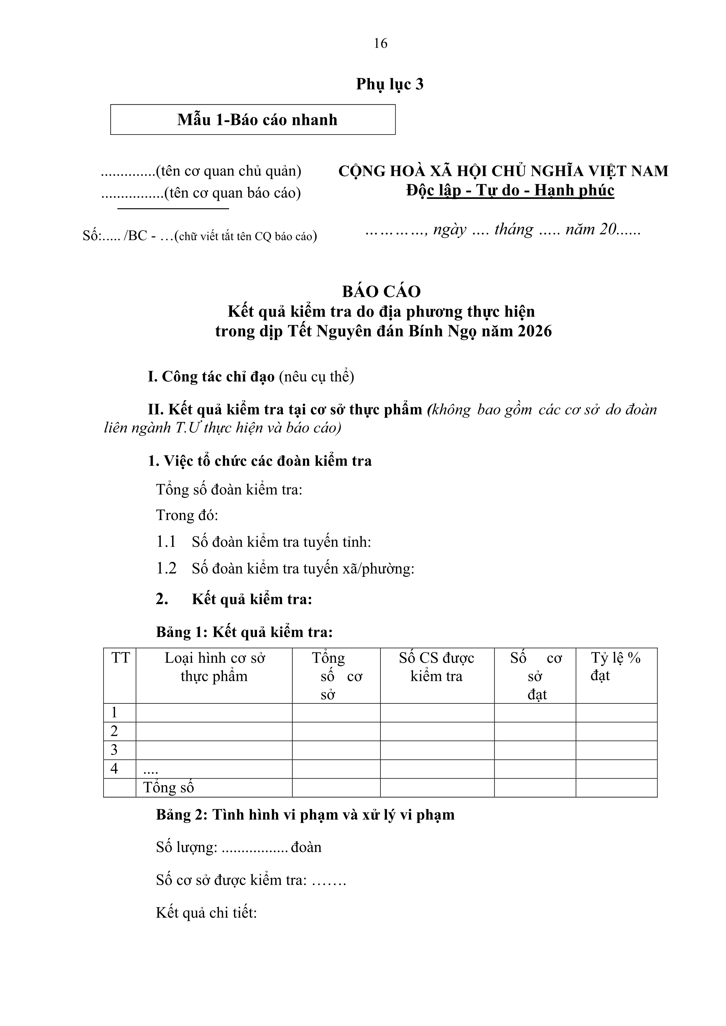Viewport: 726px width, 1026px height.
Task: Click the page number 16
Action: (380, 43)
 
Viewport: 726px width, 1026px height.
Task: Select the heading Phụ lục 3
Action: (389, 84)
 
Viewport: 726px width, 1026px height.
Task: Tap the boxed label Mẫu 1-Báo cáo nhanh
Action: (257, 120)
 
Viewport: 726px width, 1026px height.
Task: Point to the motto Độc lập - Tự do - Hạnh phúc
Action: (510, 190)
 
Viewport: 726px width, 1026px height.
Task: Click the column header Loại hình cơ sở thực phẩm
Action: (214, 667)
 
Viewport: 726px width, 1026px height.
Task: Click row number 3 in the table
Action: (114, 750)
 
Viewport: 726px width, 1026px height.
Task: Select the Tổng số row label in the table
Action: (169, 787)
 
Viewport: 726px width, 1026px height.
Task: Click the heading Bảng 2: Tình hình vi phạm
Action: (305, 815)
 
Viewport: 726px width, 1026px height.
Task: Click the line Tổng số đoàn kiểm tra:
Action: (229, 490)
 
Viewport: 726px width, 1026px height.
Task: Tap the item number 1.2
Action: (166, 568)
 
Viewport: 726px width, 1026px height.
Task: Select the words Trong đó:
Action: (187, 515)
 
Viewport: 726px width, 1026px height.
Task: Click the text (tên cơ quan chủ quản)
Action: (229, 171)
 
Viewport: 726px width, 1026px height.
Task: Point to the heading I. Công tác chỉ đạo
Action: (211, 377)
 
